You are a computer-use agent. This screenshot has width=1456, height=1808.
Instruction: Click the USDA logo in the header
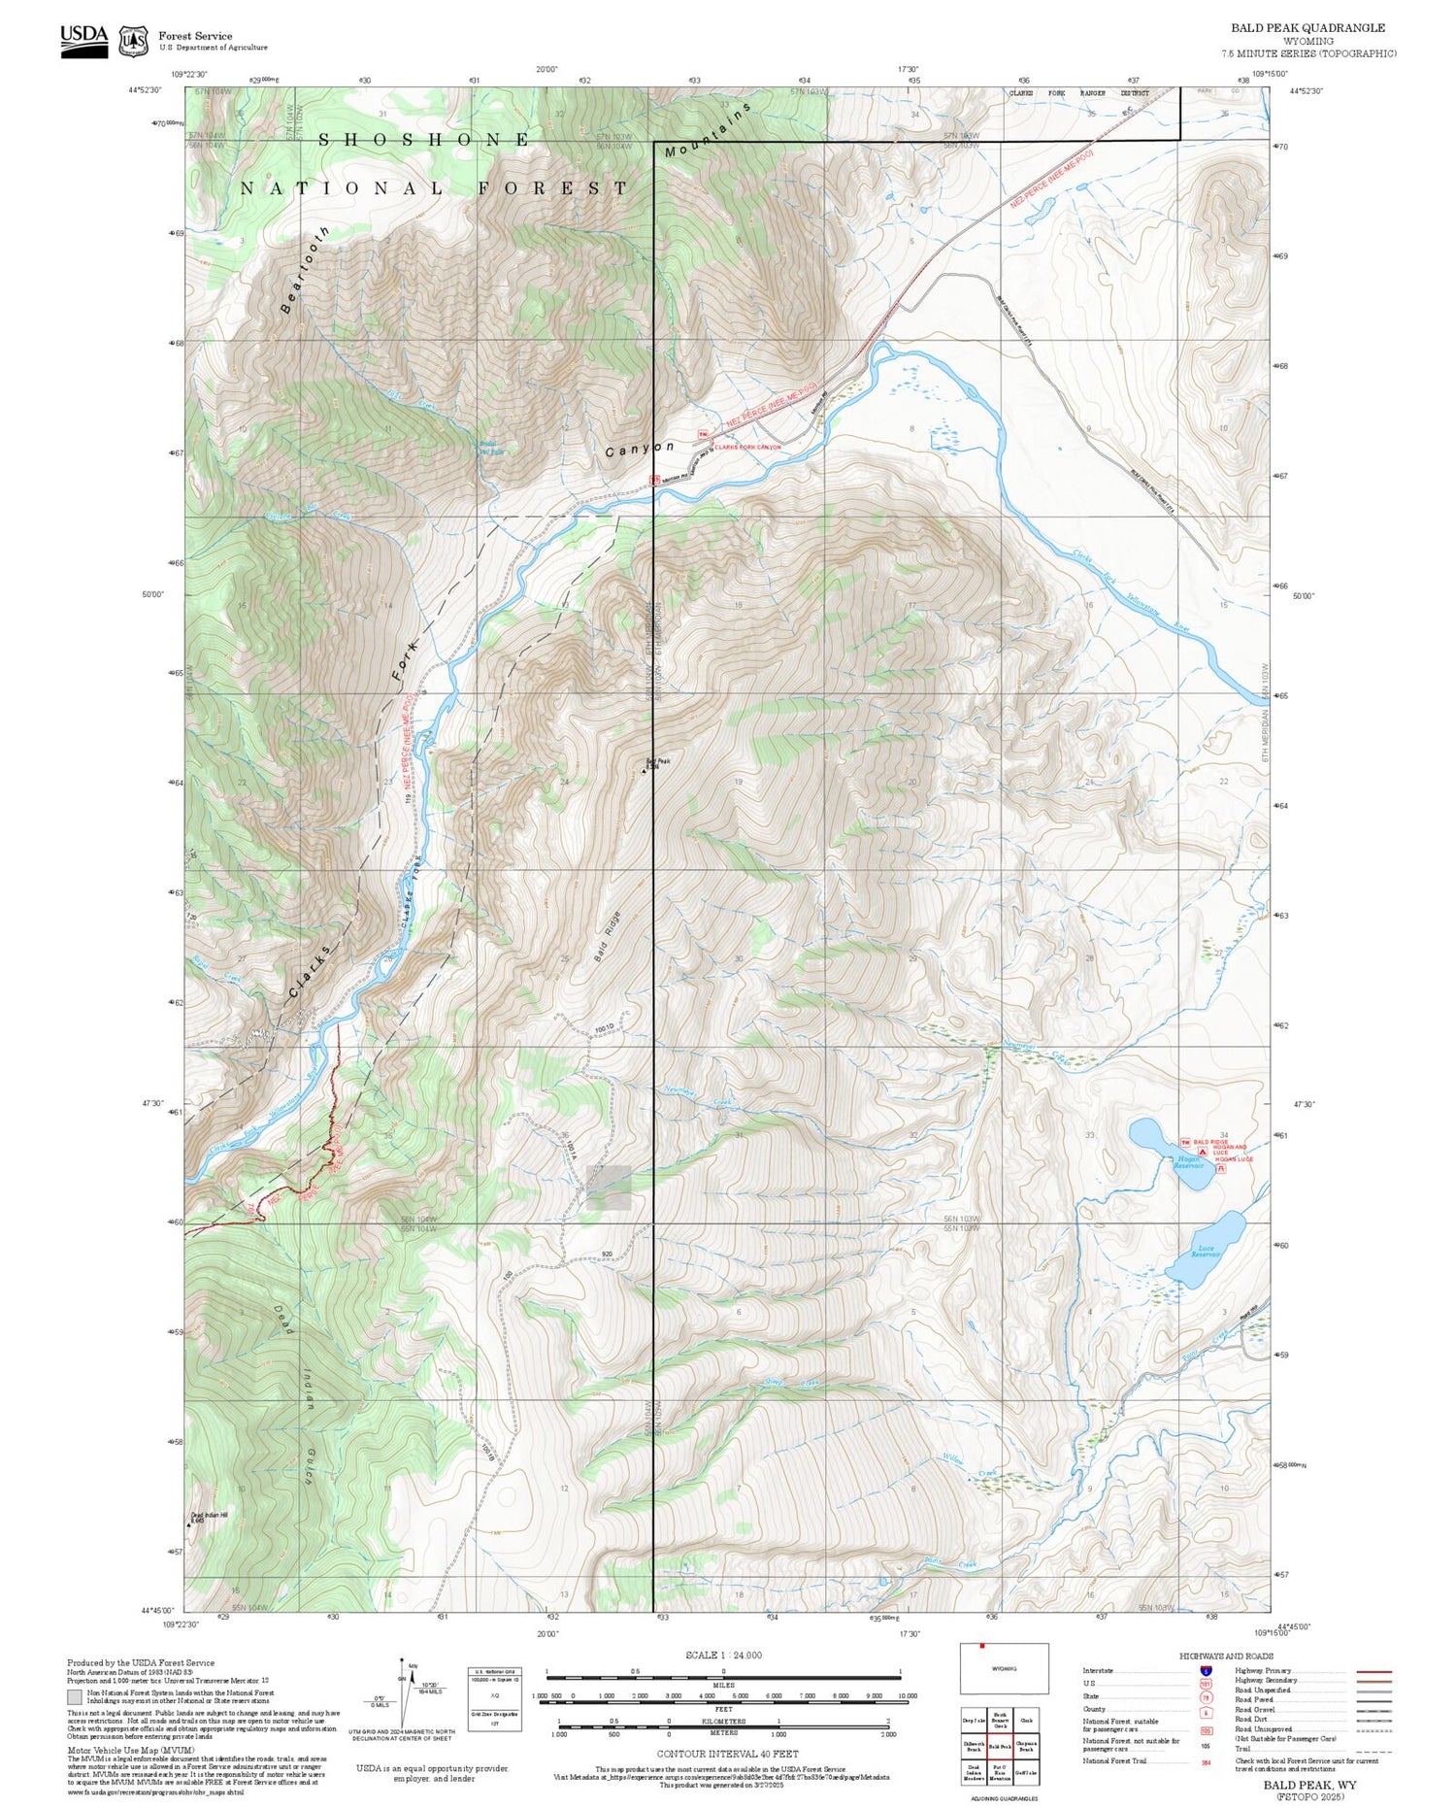(x=84, y=40)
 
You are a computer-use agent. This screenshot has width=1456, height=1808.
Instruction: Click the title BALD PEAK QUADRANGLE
(x=1307, y=27)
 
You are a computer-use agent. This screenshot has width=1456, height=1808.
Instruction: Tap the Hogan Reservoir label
(x=1188, y=1162)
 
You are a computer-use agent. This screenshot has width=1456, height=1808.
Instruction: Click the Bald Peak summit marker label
(x=656, y=764)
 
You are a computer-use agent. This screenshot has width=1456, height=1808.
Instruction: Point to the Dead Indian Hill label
(x=209, y=1517)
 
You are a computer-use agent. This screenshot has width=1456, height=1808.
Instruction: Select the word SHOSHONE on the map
(x=424, y=140)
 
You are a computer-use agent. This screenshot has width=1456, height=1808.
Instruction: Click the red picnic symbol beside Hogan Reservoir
(x=1221, y=1168)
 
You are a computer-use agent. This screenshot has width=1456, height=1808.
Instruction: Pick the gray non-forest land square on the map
(x=609, y=1187)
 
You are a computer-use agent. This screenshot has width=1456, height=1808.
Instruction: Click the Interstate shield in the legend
(x=1206, y=1671)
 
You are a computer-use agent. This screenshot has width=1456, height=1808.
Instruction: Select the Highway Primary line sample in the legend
(x=1371, y=1672)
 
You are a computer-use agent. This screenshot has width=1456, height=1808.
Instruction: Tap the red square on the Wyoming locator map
(x=982, y=1645)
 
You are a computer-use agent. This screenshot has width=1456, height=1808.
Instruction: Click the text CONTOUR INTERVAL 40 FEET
(x=727, y=1754)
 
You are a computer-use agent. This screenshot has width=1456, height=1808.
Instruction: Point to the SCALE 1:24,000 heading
(x=723, y=1655)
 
